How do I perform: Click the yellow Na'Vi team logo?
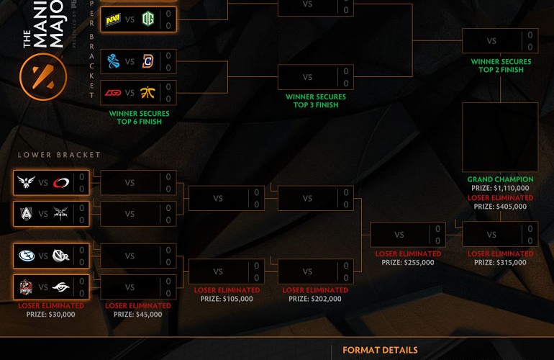point(113,19)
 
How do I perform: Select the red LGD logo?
point(113,92)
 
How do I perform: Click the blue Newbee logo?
point(113,62)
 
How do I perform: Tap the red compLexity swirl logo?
point(61,183)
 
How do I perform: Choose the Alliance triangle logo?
point(26,213)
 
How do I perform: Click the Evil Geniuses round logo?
point(26,256)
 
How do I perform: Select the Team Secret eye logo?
point(60,287)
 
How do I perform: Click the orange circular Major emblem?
point(43,78)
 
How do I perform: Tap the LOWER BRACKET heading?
point(59,155)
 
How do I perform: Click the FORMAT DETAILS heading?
point(380,351)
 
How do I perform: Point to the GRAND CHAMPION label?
point(500,179)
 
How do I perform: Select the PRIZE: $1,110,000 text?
point(500,188)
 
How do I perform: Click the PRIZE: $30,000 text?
point(50,314)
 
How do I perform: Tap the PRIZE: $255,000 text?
point(408,263)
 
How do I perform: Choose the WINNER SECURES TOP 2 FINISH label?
point(501,66)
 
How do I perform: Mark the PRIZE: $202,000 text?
point(316,299)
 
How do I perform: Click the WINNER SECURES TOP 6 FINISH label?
point(140,117)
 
